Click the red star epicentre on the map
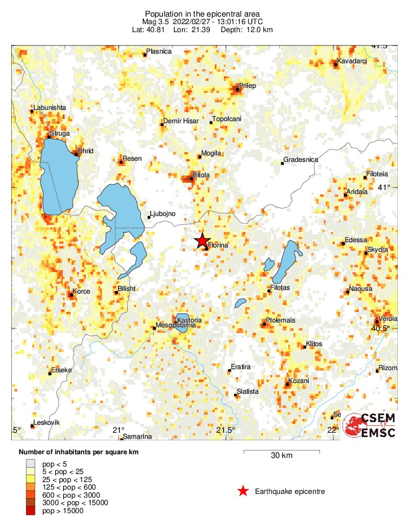pos(202,241)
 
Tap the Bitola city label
pos(201,175)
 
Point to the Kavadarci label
pos(352,61)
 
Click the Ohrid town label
pos(85,151)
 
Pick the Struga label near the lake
pos(60,133)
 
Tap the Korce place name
pos(81,291)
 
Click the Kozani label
pos(298,381)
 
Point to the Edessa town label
pos(356,240)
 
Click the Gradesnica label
pos(301,160)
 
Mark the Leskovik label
pos(46,423)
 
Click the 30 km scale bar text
pos(281,456)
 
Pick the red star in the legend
pos(243,491)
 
